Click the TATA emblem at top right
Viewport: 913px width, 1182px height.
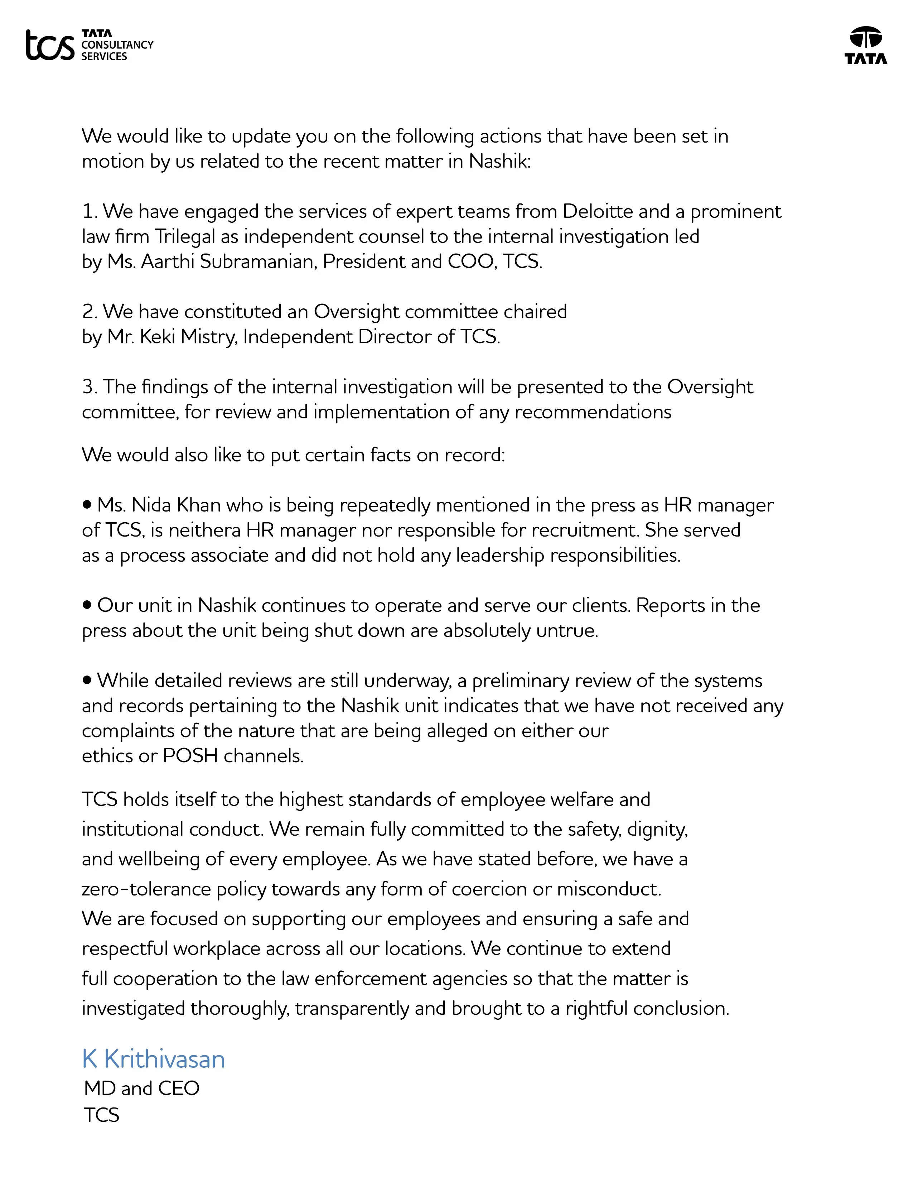(x=865, y=46)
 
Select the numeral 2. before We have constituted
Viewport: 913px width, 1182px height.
(x=90, y=312)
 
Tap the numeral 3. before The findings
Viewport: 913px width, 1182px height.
(x=90, y=387)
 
